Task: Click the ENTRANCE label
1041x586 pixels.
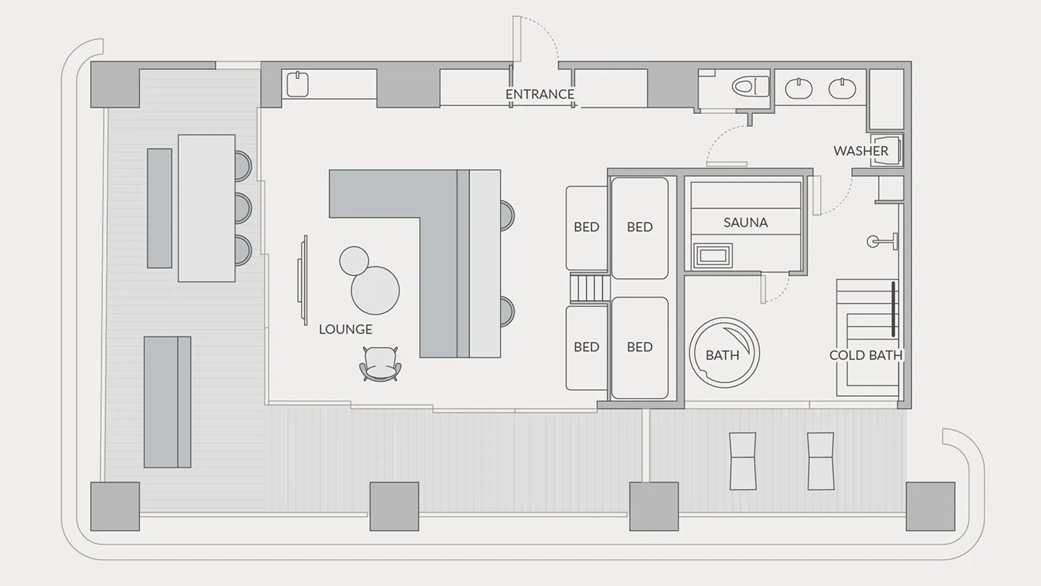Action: click(x=540, y=94)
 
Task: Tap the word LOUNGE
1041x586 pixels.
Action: click(x=345, y=330)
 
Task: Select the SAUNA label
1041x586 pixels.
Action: click(x=745, y=223)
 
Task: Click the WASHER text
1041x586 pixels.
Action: click(x=861, y=151)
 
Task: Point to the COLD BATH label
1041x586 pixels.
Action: click(x=865, y=356)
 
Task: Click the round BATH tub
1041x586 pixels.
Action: click(x=724, y=352)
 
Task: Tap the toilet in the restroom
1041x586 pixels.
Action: click(x=751, y=87)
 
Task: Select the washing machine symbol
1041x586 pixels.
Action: click(x=887, y=150)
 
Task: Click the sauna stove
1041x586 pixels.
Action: click(x=713, y=256)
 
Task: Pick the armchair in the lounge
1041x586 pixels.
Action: click(x=380, y=364)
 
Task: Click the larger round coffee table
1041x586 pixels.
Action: click(x=375, y=290)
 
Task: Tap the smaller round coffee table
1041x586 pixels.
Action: click(x=354, y=261)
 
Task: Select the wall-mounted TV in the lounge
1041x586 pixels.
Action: click(x=303, y=280)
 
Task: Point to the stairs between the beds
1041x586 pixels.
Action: click(x=590, y=288)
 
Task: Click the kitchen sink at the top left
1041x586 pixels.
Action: click(x=298, y=85)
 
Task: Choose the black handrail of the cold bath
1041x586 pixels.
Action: click(x=894, y=309)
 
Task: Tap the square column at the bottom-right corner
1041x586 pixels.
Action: click(x=930, y=507)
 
